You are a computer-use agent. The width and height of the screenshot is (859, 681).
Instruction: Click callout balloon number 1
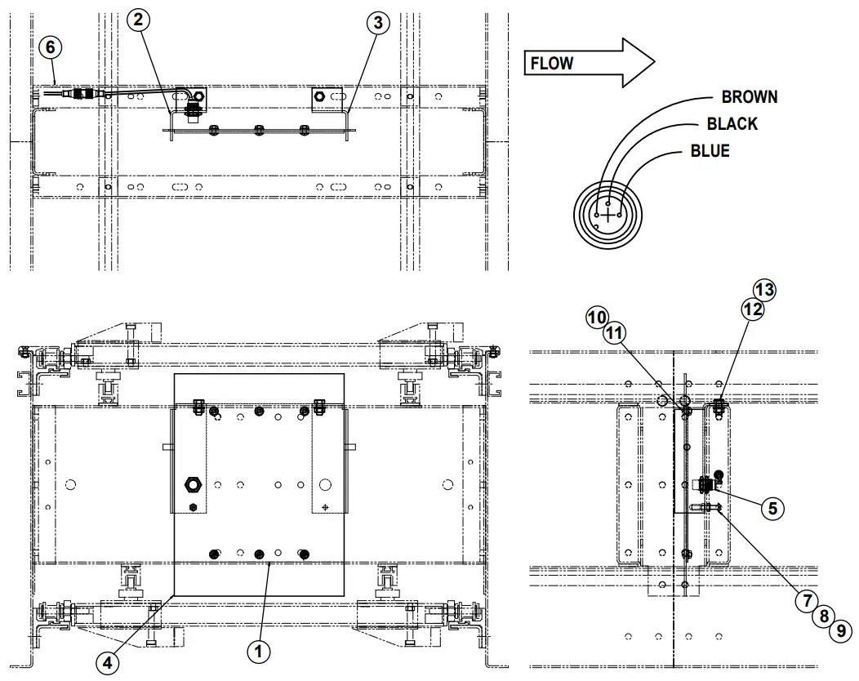point(258,651)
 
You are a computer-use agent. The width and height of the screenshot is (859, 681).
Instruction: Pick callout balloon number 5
point(772,507)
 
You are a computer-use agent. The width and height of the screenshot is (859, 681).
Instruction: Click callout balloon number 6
point(51,47)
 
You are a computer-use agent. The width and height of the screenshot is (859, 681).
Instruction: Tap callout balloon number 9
point(840,630)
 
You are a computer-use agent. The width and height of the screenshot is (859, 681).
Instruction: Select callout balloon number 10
point(597,318)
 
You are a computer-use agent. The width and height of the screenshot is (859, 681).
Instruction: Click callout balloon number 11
point(615,333)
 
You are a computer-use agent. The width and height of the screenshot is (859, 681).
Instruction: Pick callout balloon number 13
point(764,290)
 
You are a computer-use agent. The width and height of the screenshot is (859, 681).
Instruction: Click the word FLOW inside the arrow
point(552,64)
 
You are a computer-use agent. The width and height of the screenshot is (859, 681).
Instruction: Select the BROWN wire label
point(749,97)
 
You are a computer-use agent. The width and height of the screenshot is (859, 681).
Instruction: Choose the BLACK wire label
point(732,124)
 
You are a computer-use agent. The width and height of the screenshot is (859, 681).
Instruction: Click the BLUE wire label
point(710,151)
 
